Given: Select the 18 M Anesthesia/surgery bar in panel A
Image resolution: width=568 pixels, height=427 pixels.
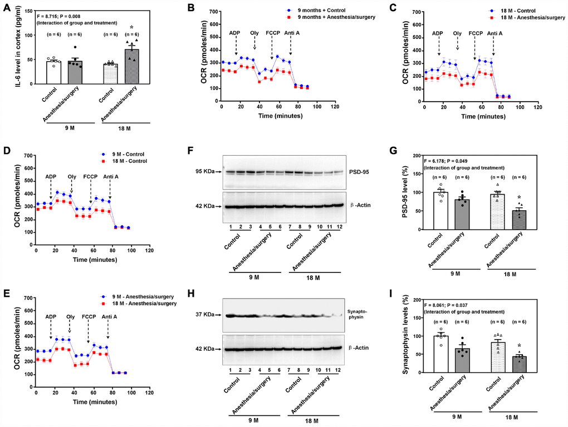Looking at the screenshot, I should [131, 67].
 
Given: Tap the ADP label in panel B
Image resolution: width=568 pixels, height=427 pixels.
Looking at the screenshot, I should [236, 33].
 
